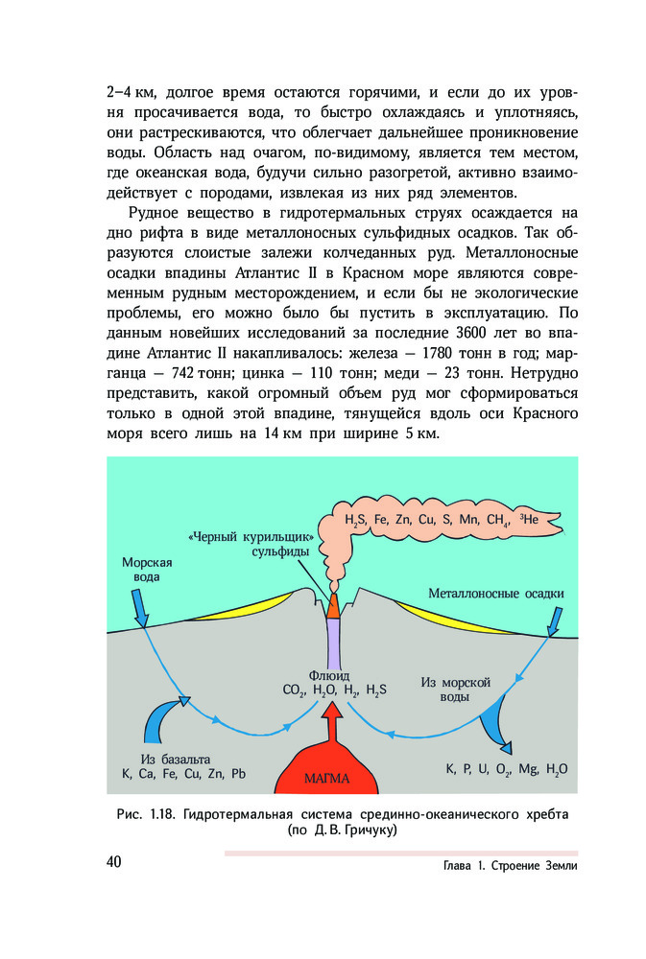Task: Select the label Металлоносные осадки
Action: (x=496, y=594)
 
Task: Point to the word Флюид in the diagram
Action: (x=327, y=673)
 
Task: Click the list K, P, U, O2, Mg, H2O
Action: (x=507, y=769)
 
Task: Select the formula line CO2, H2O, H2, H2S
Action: (x=334, y=690)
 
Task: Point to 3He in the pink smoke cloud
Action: (x=531, y=519)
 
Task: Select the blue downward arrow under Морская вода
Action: (x=137, y=606)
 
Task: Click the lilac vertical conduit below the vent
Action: (x=333, y=640)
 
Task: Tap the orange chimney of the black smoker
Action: (x=333, y=605)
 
